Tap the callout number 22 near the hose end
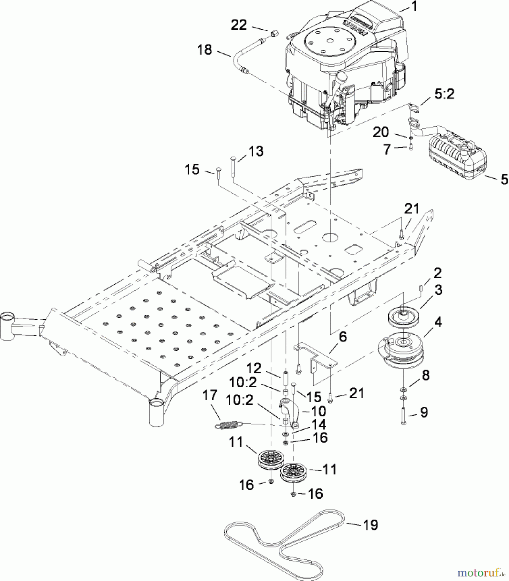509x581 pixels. coord(239,25)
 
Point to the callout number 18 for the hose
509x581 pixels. coord(205,50)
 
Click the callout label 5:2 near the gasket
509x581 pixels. coord(444,94)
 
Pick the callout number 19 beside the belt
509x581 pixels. coord(371,525)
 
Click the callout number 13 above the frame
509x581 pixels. coord(256,151)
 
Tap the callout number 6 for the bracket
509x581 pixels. coord(343,337)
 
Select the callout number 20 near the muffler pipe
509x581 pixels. coord(381,132)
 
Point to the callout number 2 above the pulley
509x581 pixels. coord(437,273)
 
